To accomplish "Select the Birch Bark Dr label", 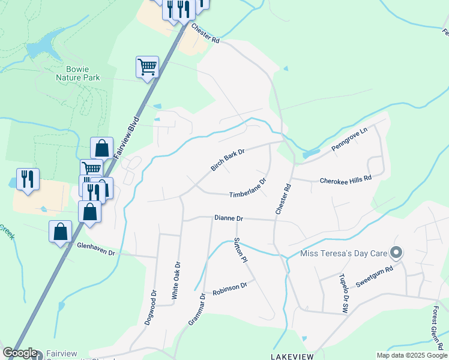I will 228,160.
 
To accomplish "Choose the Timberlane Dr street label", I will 247,188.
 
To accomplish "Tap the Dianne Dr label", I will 228,218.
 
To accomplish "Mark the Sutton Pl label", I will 240,250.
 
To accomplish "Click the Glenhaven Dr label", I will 95,249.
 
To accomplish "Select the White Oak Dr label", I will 176,280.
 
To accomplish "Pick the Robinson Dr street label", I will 229,287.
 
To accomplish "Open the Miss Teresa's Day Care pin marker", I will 396,253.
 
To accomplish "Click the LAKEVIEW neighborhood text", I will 292,356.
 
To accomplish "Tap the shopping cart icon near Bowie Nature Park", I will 147,67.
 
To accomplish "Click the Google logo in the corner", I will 20,353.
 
